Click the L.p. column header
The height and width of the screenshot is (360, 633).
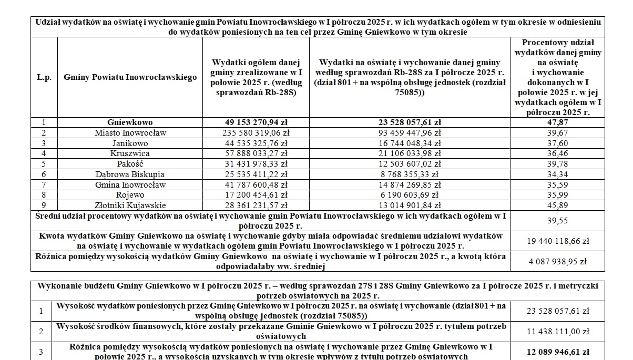coord(44,77)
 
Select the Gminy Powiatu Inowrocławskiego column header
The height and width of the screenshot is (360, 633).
coord(130,77)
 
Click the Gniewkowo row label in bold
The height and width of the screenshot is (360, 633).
coord(130,122)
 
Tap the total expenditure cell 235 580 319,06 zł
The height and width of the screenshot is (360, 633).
coord(256,133)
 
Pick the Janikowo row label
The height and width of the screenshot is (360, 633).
coord(130,143)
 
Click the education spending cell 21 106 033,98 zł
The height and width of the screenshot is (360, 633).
coord(409,153)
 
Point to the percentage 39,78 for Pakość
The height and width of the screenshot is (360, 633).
coord(557,164)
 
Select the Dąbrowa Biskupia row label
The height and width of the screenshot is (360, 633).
coord(130,174)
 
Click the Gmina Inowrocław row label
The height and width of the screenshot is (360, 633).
coord(130,184)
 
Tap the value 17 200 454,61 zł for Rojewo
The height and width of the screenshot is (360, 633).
coord(256,195)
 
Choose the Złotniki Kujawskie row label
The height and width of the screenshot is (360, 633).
coord(130,205)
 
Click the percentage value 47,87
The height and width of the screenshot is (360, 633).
coord(557,122)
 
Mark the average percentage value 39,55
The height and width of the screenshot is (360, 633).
coord(557,221)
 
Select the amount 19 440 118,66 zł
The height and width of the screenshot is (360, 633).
coord(557,241)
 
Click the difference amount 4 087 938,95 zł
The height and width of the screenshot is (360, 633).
coord(557,261)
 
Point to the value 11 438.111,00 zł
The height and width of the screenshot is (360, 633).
coord(557,332)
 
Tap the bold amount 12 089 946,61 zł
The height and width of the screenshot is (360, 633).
coord(557,352)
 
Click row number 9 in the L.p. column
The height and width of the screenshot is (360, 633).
coord(44,205)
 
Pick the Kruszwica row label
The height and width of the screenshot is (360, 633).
coord(130,153)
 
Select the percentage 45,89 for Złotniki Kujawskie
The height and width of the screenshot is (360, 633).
coord(557,205)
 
